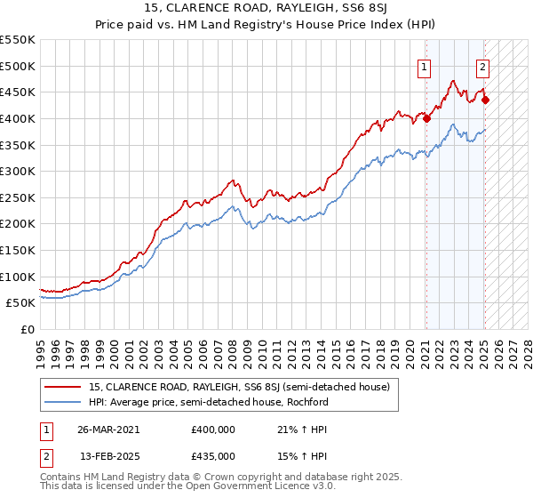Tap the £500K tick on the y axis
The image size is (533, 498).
pyautogui.click(x=18, y=66)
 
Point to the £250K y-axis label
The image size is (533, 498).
pyautogui.click(x=18, y=197)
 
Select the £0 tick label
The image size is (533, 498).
pyautogui.click(x=27, y=329)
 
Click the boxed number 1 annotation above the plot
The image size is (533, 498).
pyautogui.click(x=425, y=65)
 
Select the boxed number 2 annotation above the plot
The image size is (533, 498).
pyautogui.click(x=482, y=65)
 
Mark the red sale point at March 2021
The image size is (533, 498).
pyautogui.click(x=427, y=118)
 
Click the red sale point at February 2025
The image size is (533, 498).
pyautogui.click(x=485, y=100)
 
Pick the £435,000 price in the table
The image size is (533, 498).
pyautogui.click(x=213, y=455)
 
